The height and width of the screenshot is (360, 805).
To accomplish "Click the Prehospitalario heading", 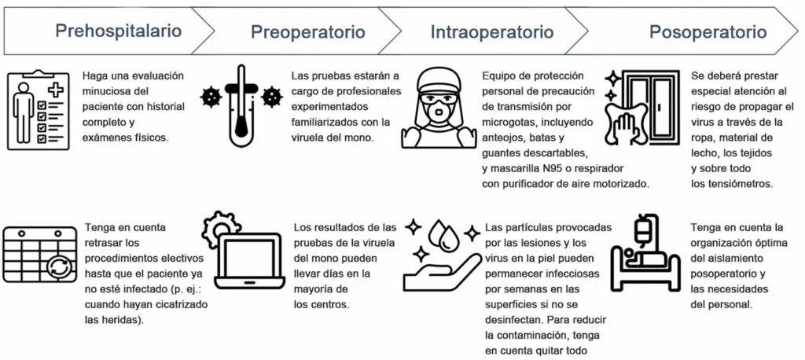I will pos(118,31).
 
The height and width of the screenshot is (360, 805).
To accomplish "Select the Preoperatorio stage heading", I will pos(308,32).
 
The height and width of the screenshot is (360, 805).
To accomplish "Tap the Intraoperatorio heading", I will pos(491,32).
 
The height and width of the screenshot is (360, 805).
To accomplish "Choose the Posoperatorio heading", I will pos(707,32).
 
